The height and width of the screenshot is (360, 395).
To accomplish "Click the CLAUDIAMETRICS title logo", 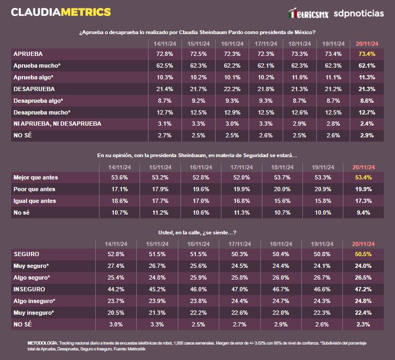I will tap(61, 12).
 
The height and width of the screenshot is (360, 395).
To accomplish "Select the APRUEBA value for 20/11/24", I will tap(367, 54).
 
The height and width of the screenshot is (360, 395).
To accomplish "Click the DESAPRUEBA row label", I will tap(34, 89).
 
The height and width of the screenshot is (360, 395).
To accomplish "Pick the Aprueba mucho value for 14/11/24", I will tap(163, 66).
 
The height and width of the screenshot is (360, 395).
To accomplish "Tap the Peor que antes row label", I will tap(34, 189).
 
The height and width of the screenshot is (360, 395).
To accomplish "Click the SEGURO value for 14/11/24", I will tap(116, 254).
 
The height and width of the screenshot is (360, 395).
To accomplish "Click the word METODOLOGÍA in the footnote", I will tap(42, 342).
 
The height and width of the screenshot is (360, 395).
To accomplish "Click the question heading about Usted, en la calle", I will tap(197, 233).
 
